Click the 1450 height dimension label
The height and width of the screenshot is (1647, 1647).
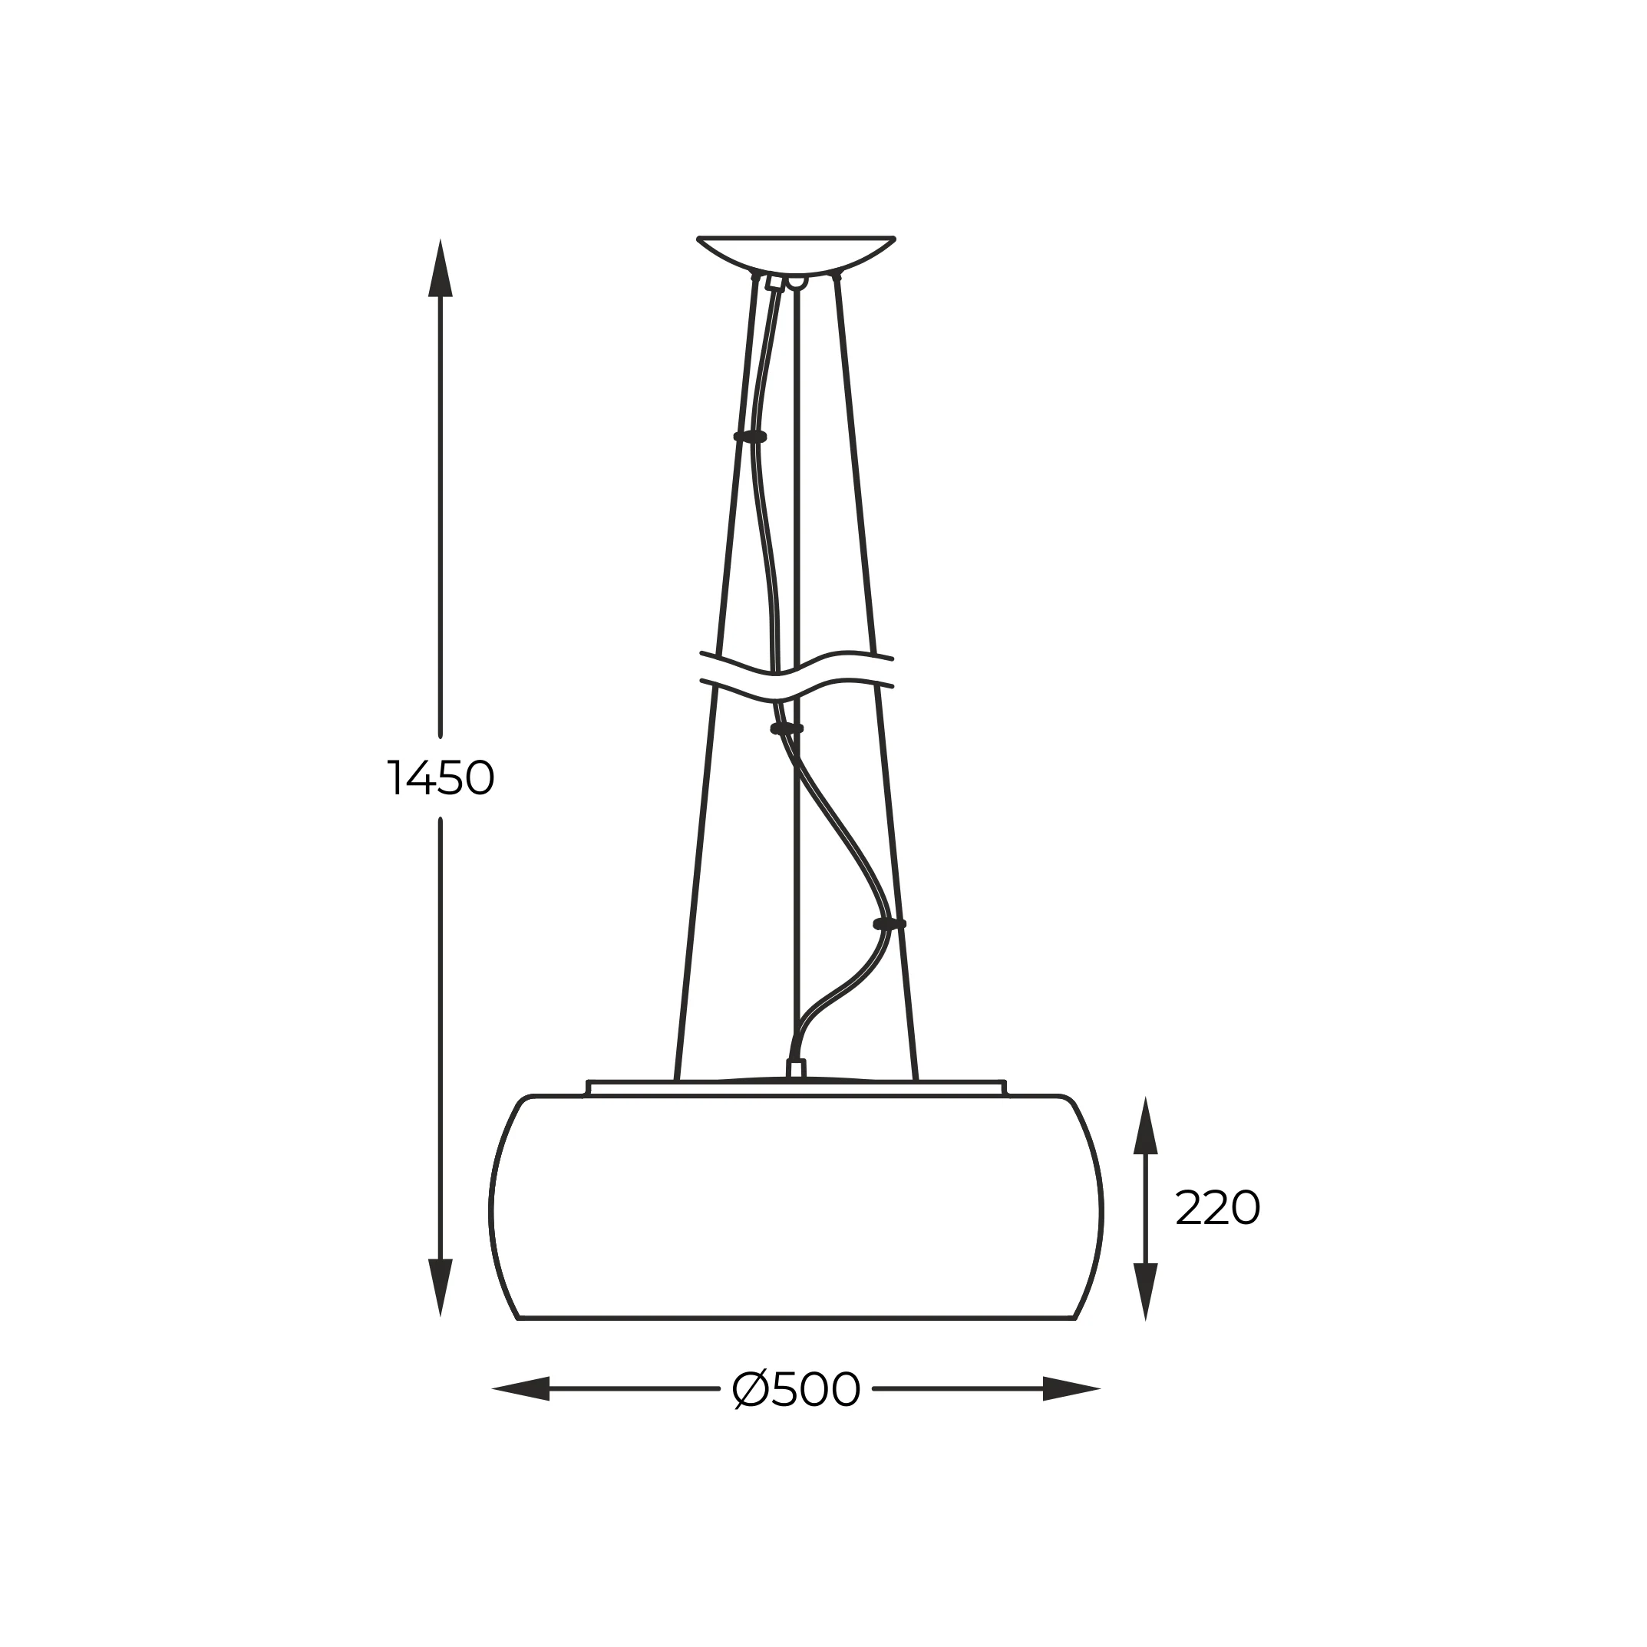(x=441, y=777)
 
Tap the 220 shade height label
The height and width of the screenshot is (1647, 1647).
(x=1216, y=1208)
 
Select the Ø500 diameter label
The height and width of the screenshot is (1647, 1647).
(x=796, y=1390)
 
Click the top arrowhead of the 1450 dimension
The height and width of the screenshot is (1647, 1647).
(x=440, y=268)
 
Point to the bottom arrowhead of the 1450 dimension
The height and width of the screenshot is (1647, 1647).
(x=440, y=1286)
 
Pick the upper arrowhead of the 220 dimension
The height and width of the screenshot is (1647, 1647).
(x=1145, y=1127)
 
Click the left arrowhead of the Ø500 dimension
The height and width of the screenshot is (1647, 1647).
(x=522, y=1388)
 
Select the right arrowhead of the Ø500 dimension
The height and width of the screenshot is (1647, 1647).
(x=1071, y=1388)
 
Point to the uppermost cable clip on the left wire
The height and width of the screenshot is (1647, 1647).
(x=750, y=437)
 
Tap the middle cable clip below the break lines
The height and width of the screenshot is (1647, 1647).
(x=787, y=729)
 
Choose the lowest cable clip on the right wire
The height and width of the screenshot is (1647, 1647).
(x=890, y=924)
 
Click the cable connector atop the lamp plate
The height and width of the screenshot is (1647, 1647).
(x=796, y=1069)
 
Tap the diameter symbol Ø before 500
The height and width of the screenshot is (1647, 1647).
(x=750, y=1390)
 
